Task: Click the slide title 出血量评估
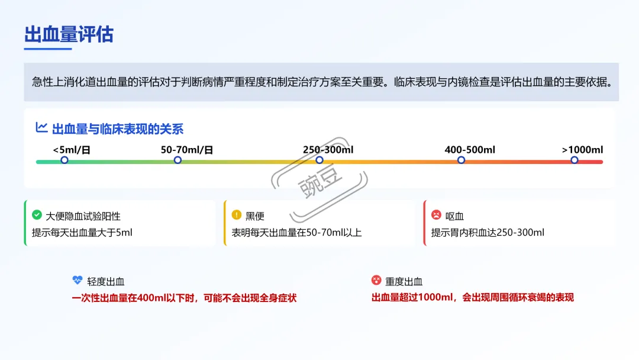pos(69,34)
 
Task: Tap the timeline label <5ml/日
pos(72,150)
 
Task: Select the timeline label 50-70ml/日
pos(187,150)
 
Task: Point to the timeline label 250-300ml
pos(328,150)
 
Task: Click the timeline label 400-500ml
pos(470,150)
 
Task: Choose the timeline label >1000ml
pos(582,150)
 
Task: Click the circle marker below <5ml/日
pos(64,160)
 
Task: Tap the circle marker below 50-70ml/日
pos(177,160)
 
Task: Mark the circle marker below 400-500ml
pos(461,160)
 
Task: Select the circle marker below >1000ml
pos(574,160)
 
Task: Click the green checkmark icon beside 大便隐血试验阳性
pos(37,215)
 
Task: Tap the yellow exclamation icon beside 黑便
pos(236,215)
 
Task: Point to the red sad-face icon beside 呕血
pos(436,215)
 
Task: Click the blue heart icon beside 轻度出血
pos(77,281)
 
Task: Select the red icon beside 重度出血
pos(376,281)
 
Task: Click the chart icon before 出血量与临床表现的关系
pos(41,127)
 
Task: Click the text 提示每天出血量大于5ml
pos(82,233)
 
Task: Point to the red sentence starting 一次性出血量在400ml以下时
pos(184,298)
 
